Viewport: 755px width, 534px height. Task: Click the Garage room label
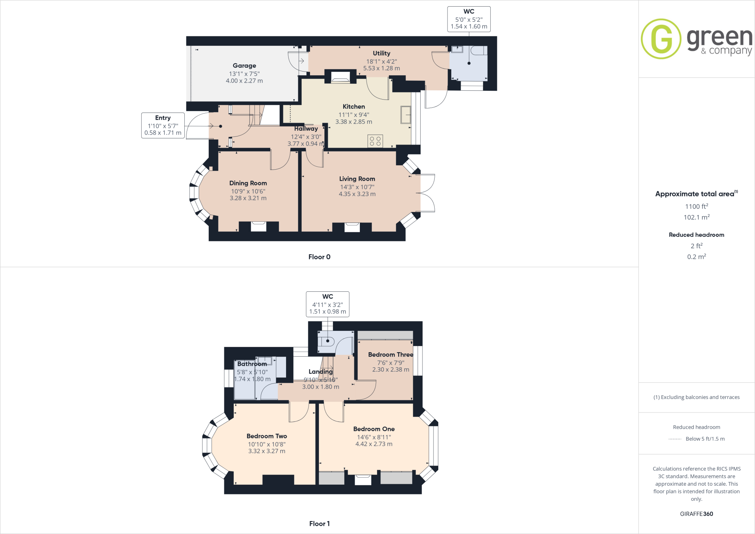244,66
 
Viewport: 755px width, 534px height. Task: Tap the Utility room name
381,53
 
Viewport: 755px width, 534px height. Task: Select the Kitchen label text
354,107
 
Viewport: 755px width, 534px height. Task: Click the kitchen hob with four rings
375,141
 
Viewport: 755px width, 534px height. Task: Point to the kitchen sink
406,115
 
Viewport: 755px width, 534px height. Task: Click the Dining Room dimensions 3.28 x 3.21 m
248,198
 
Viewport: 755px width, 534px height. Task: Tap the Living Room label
357,179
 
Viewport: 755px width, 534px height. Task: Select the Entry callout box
163,125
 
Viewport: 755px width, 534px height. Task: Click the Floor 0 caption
319,257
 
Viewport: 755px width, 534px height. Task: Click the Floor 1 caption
319,524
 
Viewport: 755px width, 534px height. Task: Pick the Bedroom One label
374,429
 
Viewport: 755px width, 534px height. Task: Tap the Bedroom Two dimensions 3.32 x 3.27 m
267,451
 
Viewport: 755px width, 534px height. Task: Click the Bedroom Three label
390,354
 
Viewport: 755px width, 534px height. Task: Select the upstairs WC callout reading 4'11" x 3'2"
327,304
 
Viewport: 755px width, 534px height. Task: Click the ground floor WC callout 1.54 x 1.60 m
469,27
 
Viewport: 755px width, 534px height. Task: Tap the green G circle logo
661,39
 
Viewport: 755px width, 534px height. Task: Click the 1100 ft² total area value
696,207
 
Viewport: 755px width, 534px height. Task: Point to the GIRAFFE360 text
696,514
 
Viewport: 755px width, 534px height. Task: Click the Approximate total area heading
695,194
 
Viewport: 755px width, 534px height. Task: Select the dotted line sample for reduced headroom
675,439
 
